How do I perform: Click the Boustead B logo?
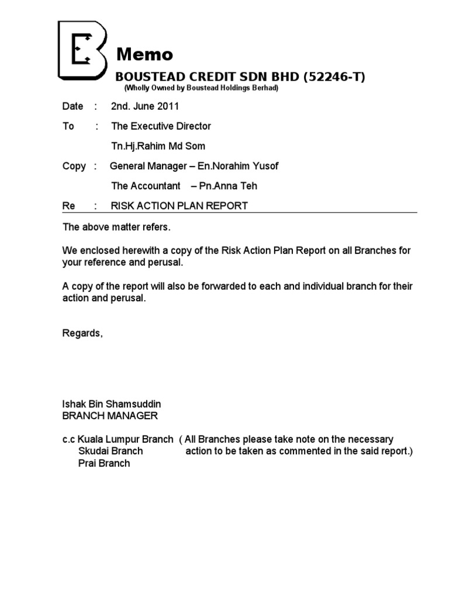pos(82,51)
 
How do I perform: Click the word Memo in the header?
pos(144,54)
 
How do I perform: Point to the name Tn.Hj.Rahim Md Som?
pos(158,146)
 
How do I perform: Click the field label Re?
pos(69,206)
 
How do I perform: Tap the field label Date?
pos(72,106)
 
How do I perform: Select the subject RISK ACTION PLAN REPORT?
pos(179,206)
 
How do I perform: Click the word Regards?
pos(82,333)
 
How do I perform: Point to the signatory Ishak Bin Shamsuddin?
pos(112,404)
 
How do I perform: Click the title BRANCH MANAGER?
pos(110,416)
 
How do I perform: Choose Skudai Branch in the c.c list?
pos(110,451)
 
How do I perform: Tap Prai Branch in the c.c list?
pos(104,463)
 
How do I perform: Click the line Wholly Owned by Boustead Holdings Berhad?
pos(201,88)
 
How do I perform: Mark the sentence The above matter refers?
pos(117,226)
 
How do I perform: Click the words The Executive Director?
pos(161,126)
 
